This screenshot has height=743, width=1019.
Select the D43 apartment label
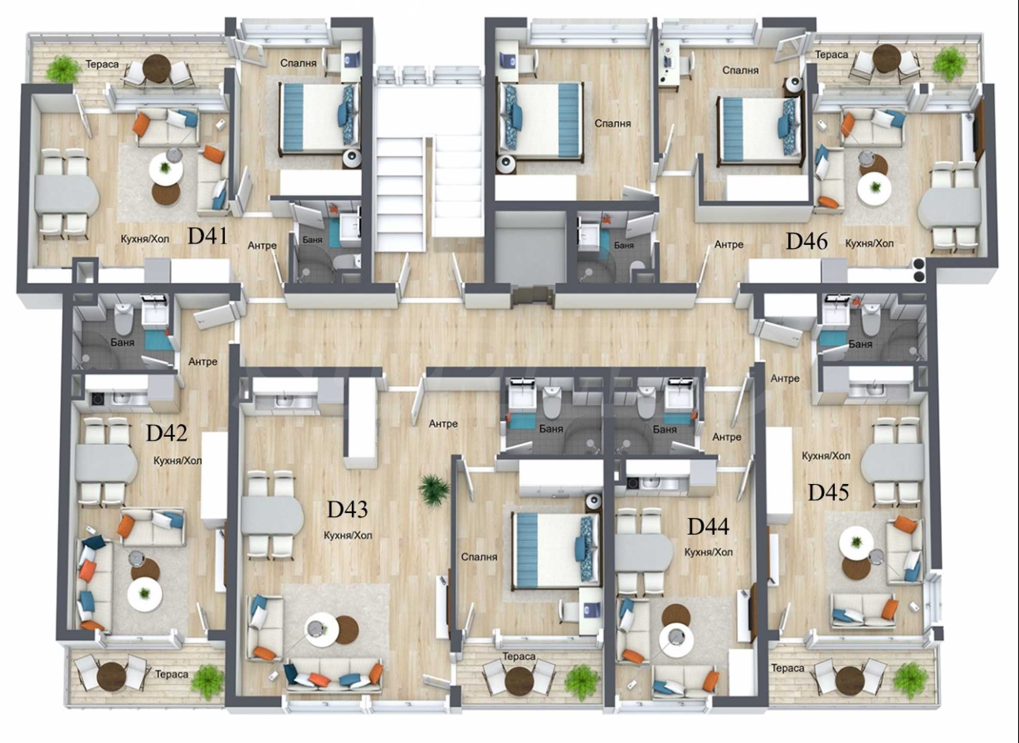(x=347, y=509)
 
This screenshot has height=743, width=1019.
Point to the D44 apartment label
(x=708, y=527)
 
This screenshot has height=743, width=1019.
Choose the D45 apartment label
(x=828, y=493)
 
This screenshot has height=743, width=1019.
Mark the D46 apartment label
(x=807, y=241)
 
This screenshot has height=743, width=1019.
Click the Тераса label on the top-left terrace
(x=103, y=64)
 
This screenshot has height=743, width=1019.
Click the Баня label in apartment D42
(x=122, y=342)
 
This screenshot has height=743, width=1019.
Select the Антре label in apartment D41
(x=262, y=246)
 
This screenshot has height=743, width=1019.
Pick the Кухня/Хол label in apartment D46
(x=869, y=244)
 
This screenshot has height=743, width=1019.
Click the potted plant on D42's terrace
(x=207, y=679)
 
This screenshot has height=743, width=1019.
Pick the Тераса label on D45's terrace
(x=788, y=668)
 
